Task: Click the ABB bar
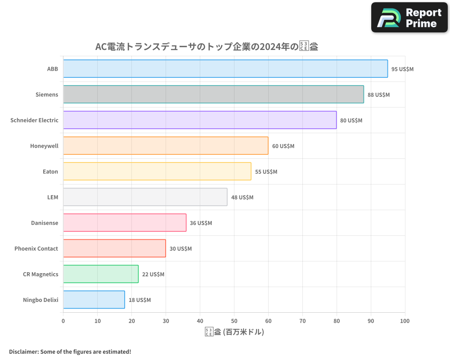(225, 69)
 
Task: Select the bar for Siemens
(213, 94)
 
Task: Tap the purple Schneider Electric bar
(200, 120)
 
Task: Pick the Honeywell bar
(166, 146)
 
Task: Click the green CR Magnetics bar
(101, 274)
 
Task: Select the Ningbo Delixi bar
(94, 300)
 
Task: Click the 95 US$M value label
(402, 69)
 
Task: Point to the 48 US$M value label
(242, 198)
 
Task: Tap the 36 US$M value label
(201, 223)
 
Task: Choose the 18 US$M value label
(139, 300)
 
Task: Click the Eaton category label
(50, 171)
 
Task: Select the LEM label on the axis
(53, 197)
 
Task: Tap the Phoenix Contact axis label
(36, 248)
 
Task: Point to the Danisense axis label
(45, 223)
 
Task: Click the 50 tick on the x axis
(234, 321)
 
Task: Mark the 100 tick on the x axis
(405, 321)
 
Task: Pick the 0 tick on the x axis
(63, 321)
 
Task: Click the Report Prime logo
(409, 18)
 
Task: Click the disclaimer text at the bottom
(70, 351)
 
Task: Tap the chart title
(207, 46)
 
